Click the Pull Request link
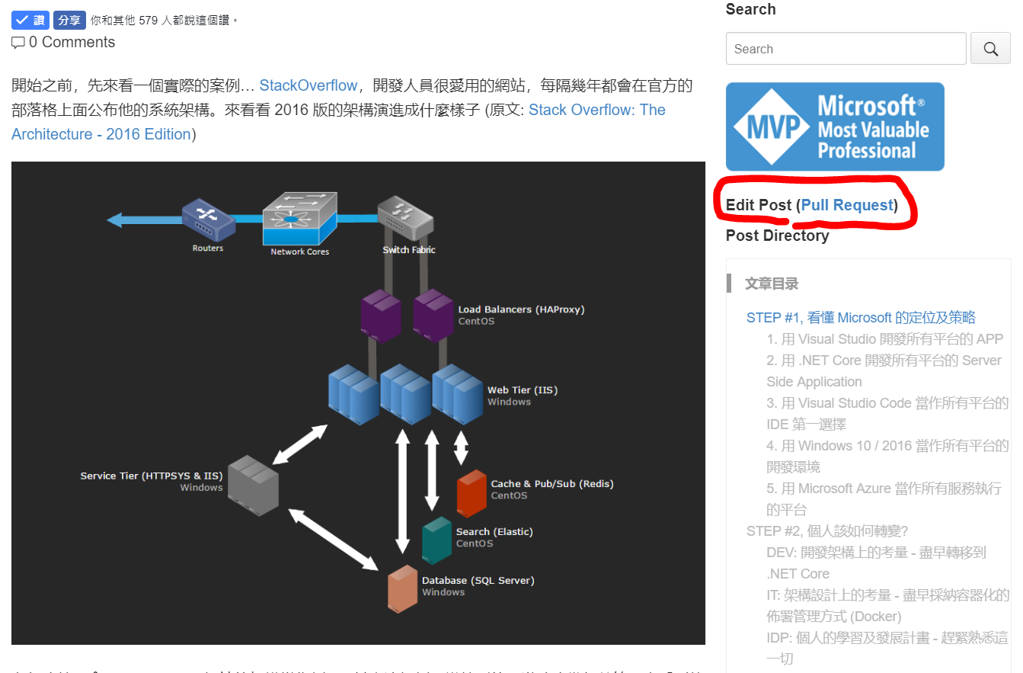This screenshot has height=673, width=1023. click(846, 205)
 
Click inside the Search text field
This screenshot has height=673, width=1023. click(846, 49)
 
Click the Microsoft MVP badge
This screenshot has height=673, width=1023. click(835, 127)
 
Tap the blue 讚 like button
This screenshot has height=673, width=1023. click(30, 20)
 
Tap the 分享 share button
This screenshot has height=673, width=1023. click(69, 20)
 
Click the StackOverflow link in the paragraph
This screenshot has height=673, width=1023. click(308, 85)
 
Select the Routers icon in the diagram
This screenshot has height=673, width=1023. click(208, 220)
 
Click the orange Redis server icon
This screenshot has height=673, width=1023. click(472, 493)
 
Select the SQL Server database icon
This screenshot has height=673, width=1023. click(402, 588)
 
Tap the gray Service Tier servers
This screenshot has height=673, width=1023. click(253, 486)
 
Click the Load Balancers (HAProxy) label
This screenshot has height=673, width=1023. click(521, 309)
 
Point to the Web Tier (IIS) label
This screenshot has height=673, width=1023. click(523, 390)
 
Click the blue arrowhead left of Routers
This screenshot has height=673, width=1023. click(115, 220)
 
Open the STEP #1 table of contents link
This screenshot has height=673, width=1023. click(861, 318)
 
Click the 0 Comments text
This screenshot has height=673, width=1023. click(72, 43)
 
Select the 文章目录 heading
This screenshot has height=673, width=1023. click(772, 284)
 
